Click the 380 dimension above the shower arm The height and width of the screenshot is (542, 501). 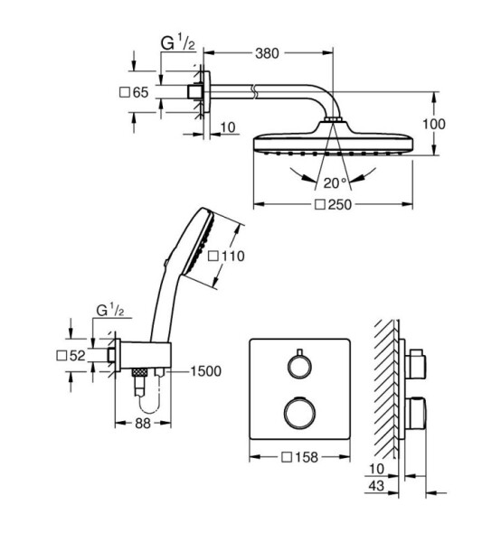pos(267,53)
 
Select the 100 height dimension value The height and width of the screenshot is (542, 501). pos(434,124)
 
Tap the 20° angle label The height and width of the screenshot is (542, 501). pos(335,182)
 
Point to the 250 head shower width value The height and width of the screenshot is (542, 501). pos(340,205)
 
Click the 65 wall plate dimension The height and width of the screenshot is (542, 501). pos(140,93)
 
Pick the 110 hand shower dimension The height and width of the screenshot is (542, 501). pos(233,257)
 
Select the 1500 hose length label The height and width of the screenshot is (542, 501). pos(206,371)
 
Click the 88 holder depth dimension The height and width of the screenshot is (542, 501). pos(143,423)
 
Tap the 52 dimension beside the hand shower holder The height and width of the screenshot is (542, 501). pos(77,356)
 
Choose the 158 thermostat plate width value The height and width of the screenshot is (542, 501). pos(307,457)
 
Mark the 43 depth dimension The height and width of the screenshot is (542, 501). pos(376,486)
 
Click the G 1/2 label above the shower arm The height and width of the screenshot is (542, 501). pos(178,43)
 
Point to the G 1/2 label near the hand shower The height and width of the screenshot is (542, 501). pos(110,311)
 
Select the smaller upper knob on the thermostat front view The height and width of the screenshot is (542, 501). pos(299,365)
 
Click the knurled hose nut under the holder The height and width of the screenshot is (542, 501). pos(140,372)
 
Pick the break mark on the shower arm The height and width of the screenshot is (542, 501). pos(254,91)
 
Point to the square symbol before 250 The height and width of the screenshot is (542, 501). pos(320,205)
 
